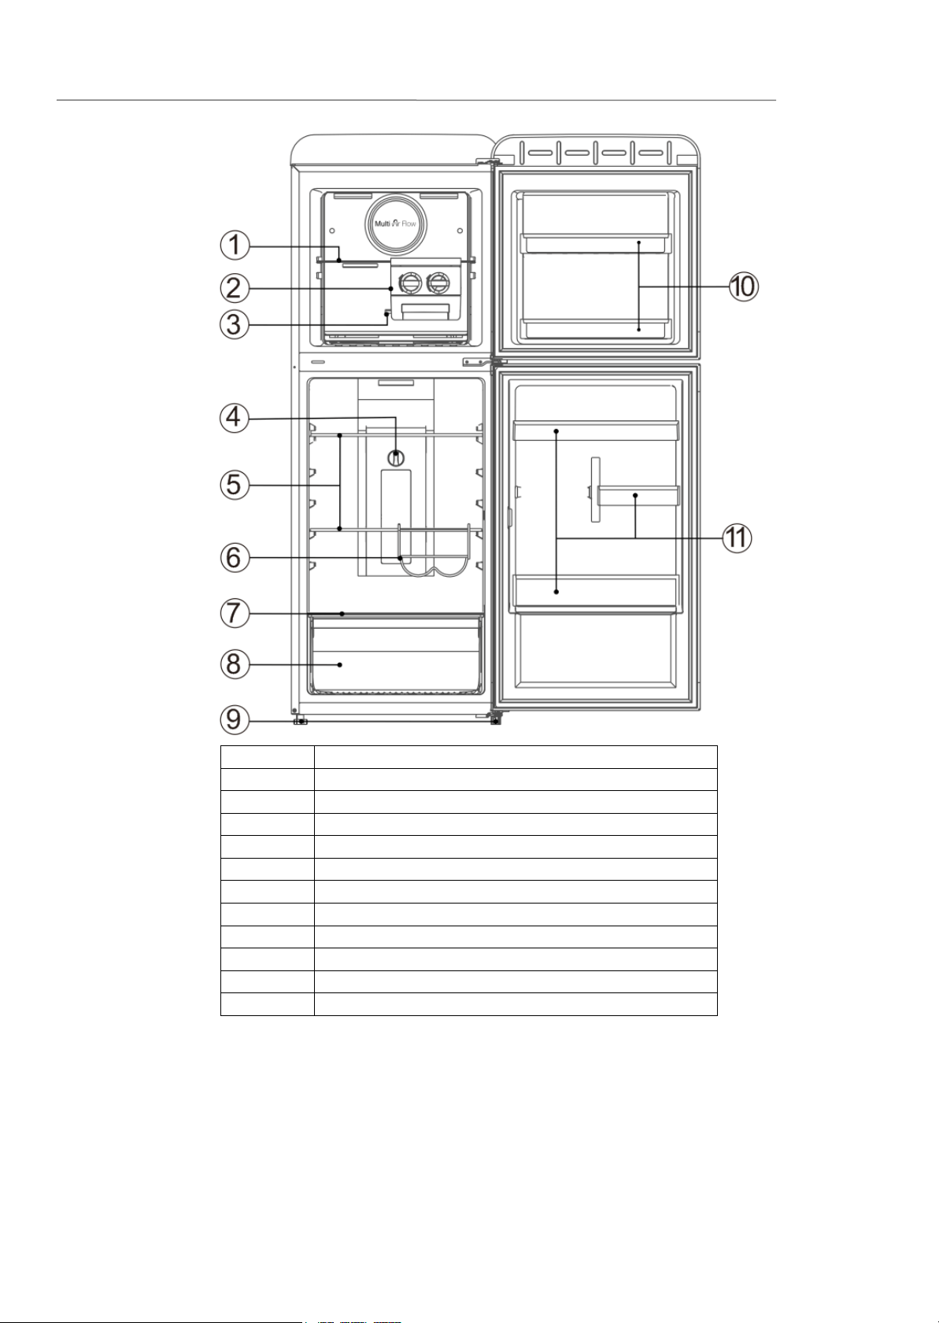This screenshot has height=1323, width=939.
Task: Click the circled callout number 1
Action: pos(235,245)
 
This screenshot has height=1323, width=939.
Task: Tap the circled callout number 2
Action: pos(235,289)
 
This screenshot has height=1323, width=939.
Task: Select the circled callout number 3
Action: pos(235,324)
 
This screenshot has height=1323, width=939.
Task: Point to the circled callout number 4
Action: pos(235,418)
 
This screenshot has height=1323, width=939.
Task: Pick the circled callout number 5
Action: pos(235,485)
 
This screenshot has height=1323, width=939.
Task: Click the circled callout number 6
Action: pos(235,557)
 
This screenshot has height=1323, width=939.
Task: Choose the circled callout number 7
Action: pos(235,613)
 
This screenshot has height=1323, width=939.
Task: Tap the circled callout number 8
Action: pos(235,664)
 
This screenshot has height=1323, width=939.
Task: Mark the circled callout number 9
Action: pos(235,720)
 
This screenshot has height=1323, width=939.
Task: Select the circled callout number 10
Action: pos(744,286)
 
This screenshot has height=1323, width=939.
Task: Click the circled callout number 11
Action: pos(737,538)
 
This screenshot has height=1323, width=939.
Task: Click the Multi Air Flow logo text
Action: pos(396,224)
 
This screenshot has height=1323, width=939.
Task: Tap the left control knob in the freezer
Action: pos(409,284)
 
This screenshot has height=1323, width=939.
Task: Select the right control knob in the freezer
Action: pos(438,284)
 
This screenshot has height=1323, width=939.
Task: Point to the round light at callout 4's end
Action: pos(396,457)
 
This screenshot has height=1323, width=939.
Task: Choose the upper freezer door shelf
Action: pos(596,242)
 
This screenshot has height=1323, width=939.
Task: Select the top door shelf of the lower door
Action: pos(596,431)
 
